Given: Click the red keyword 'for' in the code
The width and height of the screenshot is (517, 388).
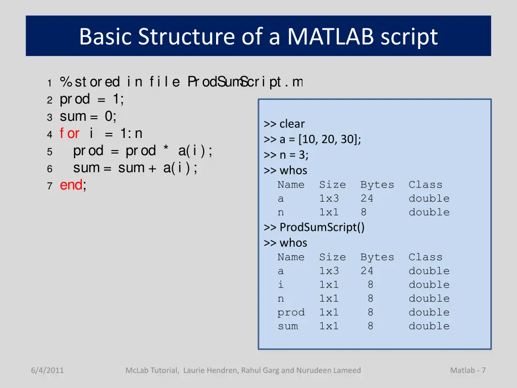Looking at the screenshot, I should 69,133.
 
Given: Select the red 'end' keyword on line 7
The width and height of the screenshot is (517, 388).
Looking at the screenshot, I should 71,185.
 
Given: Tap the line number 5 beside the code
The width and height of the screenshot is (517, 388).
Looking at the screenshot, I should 49,152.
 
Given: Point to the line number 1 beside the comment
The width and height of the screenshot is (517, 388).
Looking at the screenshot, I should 49,82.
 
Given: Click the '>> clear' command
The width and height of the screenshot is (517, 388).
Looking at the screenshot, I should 284,124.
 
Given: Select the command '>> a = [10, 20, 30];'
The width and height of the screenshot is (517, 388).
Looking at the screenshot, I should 312,139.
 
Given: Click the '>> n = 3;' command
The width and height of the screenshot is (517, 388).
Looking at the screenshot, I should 286,155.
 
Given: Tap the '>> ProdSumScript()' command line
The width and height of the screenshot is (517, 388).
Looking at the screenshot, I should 314,227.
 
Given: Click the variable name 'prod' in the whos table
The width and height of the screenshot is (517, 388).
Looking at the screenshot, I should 291,313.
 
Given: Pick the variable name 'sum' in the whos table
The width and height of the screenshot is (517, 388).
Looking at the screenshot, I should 288,326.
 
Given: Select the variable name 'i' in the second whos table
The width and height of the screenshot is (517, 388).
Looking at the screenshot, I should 281,285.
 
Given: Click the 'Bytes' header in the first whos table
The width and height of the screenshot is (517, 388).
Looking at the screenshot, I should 377,185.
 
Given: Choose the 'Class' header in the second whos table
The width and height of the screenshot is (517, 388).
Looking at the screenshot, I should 425,257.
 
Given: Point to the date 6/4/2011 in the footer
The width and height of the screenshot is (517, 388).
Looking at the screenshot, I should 47,370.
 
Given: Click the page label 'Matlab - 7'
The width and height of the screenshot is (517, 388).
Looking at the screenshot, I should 468,370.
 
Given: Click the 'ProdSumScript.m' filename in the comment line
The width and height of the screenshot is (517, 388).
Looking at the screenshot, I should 245,81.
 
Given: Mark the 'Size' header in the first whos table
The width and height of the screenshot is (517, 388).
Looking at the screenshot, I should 332,185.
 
